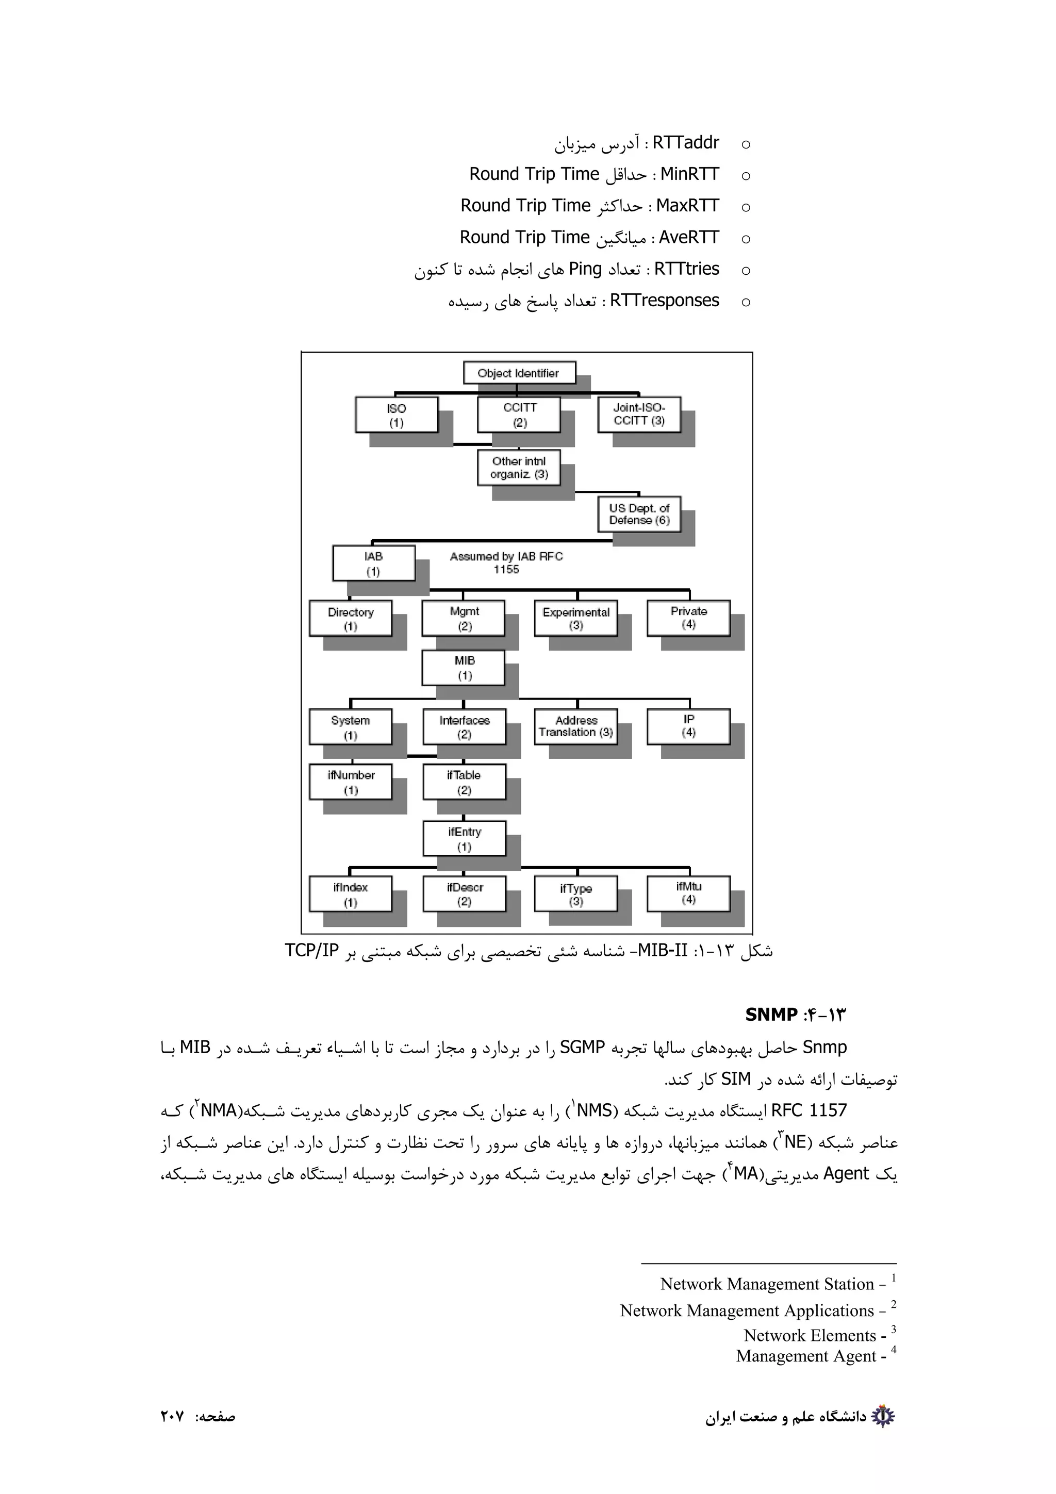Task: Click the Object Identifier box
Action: point(519,373)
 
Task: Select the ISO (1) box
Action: point(396,414)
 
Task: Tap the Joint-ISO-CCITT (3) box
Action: point(639,414)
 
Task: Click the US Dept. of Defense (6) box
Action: point(639,513)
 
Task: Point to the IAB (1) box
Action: point(373,563)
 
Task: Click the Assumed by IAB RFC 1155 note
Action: point(506,563)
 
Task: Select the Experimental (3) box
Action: point(576,618)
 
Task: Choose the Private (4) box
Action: point(688,618)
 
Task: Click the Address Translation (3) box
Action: point(576,726)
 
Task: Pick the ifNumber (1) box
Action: point(351,782)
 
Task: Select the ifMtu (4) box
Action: point(688,893)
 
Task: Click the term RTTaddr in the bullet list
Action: point(686,142)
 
